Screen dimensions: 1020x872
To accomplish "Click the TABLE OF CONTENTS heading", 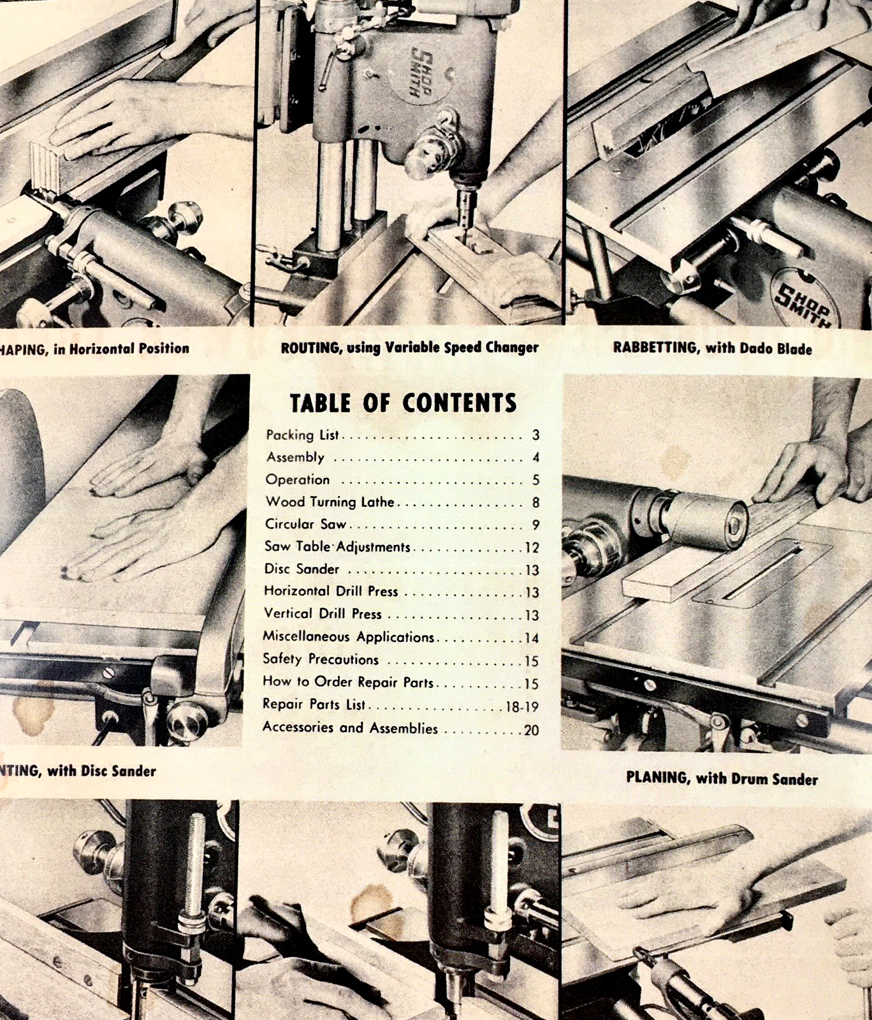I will pos(403,403).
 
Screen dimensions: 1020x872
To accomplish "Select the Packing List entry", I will pos(302,435).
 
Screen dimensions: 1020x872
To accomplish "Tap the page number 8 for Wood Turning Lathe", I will pos(536,503).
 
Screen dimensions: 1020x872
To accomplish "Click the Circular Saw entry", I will pos(306,524).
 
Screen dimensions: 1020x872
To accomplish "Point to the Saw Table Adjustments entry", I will pos(337,547).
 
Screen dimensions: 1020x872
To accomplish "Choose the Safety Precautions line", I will pos(321,659).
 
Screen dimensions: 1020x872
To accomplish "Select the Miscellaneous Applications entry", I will pos(348,637).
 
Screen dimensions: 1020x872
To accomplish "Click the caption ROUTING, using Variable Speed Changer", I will pos(409,348).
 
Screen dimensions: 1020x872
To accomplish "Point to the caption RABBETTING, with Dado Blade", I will pos(713,349).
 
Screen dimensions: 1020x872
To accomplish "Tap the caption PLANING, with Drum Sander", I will pos(722,778).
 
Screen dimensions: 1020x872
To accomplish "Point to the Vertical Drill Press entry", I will pos(323,614).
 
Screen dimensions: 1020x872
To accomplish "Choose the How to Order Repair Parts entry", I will pos(347,682).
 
